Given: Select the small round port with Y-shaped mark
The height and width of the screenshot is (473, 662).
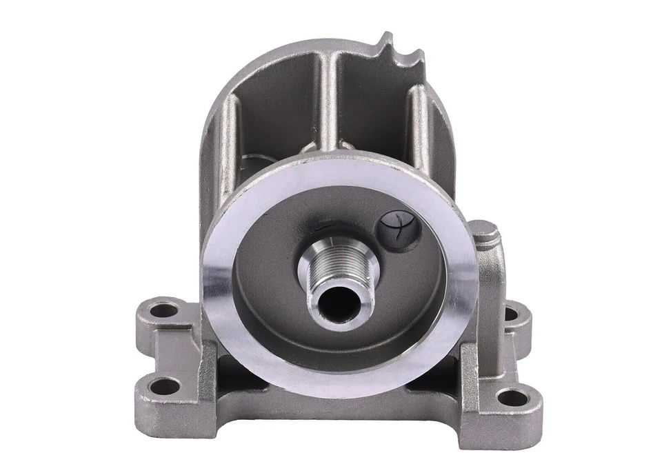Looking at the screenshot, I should coord(399,226).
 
